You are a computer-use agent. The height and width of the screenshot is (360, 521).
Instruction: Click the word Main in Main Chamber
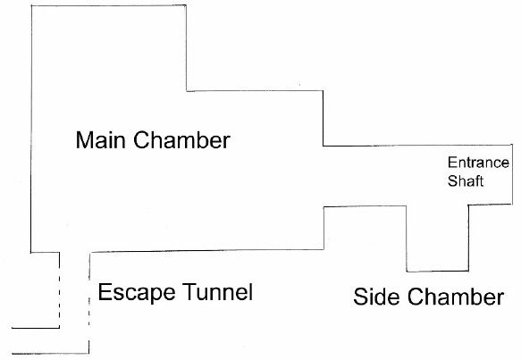101,140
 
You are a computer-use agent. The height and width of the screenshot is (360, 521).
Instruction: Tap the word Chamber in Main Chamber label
181,140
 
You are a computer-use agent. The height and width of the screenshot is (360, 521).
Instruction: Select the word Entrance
478,163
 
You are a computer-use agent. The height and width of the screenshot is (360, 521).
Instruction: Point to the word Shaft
466,181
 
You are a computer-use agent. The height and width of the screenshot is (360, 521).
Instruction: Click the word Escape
137,293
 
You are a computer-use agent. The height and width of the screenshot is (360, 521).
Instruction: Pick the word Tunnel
218,291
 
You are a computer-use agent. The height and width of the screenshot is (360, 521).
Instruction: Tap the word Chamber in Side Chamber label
456,297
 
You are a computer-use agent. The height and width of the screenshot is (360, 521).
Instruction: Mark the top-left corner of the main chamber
31,6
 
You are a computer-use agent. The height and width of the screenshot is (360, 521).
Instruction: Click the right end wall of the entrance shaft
512,174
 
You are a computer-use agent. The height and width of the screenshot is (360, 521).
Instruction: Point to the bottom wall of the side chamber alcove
438,272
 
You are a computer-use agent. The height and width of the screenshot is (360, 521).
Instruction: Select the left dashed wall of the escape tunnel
60,290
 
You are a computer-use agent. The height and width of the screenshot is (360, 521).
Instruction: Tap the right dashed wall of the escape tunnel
89,303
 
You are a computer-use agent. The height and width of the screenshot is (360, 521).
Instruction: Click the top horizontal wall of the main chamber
109,5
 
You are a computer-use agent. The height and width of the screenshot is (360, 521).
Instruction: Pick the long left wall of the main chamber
31,130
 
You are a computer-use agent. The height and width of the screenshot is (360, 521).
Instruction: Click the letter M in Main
83,140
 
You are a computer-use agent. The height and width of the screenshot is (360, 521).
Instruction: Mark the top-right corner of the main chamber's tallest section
186,5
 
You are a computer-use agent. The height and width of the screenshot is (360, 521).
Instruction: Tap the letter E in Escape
104,291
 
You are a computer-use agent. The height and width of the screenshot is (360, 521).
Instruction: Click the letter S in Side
360,297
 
